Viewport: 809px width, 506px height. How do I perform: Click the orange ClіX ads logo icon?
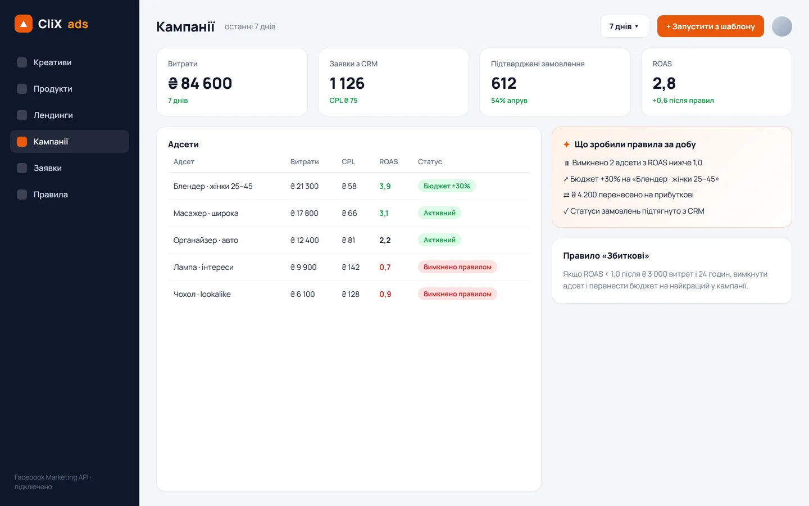coord(24,24)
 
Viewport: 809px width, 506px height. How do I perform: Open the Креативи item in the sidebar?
coord(52,62)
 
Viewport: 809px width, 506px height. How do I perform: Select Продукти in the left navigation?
coord(53,89)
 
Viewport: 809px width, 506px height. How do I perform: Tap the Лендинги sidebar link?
coord(53,115)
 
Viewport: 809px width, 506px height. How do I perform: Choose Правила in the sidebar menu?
coord(51,195)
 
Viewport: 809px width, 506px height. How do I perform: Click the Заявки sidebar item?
coord(48,168)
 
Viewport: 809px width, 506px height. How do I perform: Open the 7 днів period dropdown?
coord(625,26)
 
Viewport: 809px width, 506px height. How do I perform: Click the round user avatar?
coord(782,26)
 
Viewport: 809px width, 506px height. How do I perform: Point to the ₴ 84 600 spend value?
coord(200,83)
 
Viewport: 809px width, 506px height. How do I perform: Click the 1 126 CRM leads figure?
coord(347,83)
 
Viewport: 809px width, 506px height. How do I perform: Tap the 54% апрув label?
coord(509,101)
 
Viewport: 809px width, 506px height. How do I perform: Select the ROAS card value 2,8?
coord(664,83)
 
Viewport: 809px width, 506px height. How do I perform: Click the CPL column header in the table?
coord(348,161)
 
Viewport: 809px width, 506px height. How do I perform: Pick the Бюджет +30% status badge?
coord(447,186)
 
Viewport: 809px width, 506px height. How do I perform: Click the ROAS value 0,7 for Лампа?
coord(385,267)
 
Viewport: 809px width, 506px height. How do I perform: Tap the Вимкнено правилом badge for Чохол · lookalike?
coord(457,294)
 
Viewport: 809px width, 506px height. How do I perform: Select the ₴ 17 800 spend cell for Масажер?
coord(304,213)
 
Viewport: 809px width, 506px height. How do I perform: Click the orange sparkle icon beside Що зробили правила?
coord(567,144)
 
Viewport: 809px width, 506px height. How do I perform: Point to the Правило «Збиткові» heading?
coord(606,255)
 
